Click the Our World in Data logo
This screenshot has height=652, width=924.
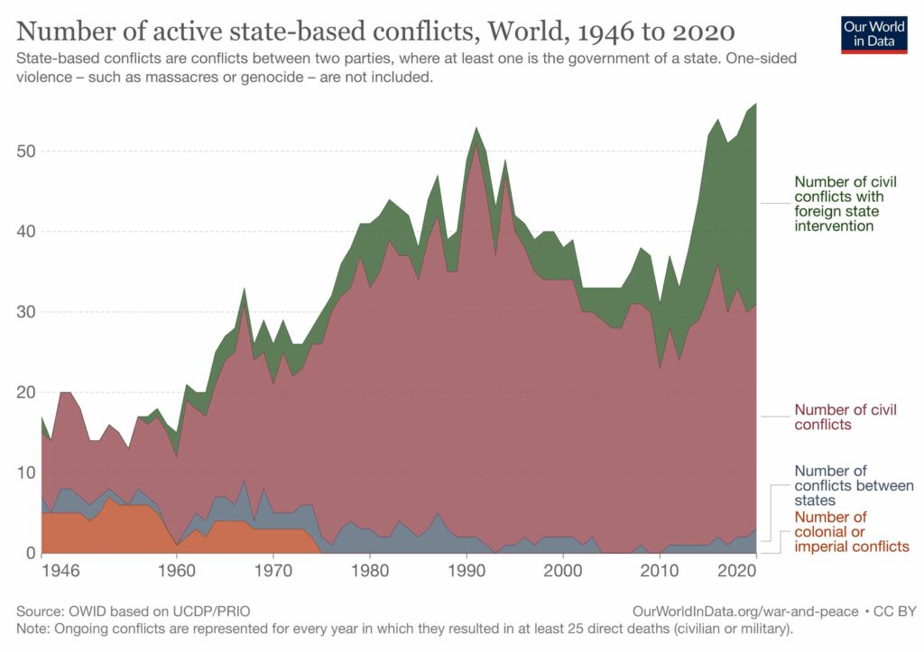pyautogui.click(x=873, y=33)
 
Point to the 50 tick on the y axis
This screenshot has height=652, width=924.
pyautogui.click(x=25, y=151)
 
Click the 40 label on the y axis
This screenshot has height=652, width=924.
pyautogui.click(x=25, y=231)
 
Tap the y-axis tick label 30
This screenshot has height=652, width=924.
pyautogui.click(x=25, y=312)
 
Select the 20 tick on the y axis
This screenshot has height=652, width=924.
pyautogui.click(x=25, y=392)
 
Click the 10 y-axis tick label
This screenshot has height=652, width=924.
pyautogui.click(x=25, y=473)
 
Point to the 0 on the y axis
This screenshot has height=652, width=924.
pyautogui.click(x=30, y=553)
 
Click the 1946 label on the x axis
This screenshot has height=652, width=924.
pyautogui.click(x=61, y=571)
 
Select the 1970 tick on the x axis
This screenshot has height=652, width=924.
pyautogui.click(x=273, y=571)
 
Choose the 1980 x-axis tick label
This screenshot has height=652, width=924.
pyautogui.click(x=369, y=571)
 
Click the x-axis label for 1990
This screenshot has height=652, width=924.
pyautogui.click(x=466, y=571)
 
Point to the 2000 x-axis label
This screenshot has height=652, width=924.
pyautogui.click(x=562, y=571)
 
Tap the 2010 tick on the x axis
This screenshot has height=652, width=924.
pyautogui.click(x=659, y=571)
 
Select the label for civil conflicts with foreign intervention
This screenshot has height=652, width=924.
pyautogui.click(x=839, y=204)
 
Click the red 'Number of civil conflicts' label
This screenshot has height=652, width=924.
pyautogui.click(x=845, y=417)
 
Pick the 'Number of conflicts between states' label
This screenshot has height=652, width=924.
pyautogui.click(x=853, y=485)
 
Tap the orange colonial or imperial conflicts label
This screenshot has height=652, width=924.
pyautogui.click(x=851, y=531)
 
